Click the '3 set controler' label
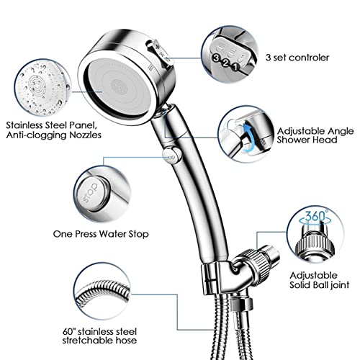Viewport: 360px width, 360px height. point(297,58)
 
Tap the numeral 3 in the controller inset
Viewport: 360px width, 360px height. point(217,58)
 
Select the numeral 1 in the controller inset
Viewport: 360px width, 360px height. point(235,67)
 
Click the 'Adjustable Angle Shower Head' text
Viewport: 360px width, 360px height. point(315,135)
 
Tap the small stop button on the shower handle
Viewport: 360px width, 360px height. point(171,156)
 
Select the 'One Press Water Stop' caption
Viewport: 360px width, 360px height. point(101,234)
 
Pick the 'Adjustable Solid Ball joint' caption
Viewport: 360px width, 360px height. point(319,280)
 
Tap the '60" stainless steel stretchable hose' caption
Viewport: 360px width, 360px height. point(99,336)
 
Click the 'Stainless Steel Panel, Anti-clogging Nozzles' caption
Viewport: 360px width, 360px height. point(54,130)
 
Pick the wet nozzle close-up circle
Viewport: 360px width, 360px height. point(42,88)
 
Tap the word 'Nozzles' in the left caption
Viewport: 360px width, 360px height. point(86,135)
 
